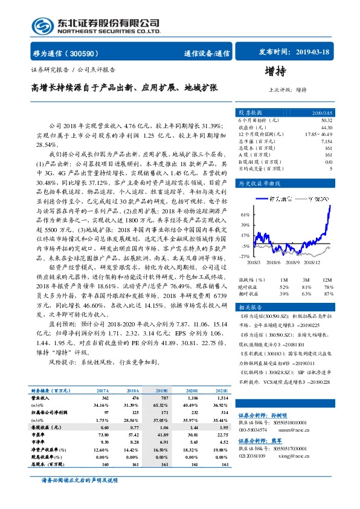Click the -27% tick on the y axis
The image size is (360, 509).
coord(245,256)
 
